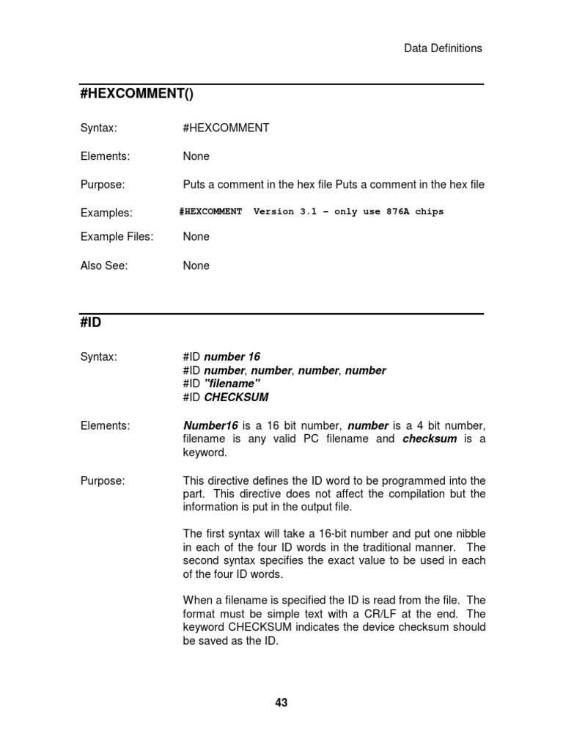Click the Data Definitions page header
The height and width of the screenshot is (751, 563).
click(443, 48)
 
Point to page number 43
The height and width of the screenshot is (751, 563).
click(281, 703)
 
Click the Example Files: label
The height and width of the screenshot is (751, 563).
click(117, 237)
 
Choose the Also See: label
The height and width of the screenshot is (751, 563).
click(103, 265)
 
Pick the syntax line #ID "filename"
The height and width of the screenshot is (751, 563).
click(221, 384)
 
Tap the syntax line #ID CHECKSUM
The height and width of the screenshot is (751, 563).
click(226, 398)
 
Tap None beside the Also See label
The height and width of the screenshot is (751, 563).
click(196, 265)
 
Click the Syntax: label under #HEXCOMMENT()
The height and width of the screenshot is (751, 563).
click(98, 128)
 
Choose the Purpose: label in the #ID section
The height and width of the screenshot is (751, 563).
click(103, 481)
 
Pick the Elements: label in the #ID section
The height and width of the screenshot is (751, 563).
click(105, 425)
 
